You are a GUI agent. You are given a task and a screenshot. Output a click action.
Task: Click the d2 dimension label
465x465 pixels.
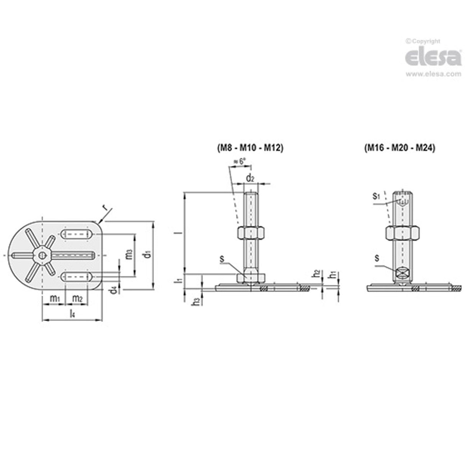pos(250,178)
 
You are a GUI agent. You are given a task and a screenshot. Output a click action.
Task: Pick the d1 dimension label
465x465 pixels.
pos(147,255)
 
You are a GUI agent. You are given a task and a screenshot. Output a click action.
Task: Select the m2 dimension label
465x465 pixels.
pos(78,298)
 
